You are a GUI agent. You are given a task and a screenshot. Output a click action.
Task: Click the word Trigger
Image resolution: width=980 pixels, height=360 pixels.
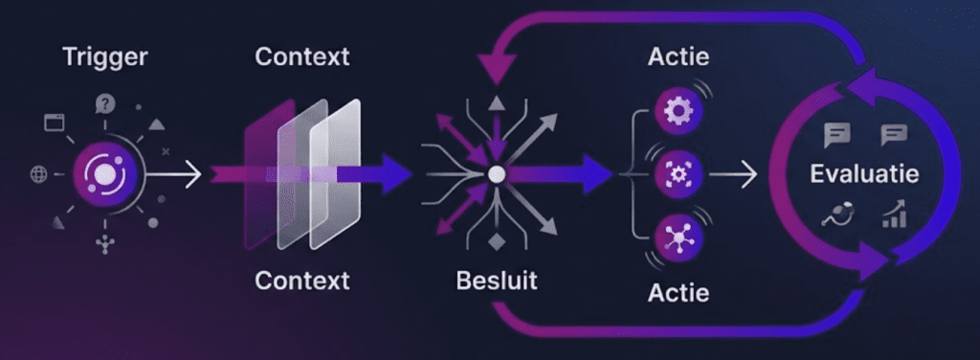tap(105, 56)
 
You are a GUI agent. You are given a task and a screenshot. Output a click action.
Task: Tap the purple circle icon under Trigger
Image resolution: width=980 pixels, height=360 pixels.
tap(100, 173)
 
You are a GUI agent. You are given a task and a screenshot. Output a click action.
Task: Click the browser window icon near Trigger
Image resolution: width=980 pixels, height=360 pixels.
tap(54, 123)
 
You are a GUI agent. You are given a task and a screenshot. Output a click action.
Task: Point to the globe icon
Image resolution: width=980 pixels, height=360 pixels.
tap(39, 174)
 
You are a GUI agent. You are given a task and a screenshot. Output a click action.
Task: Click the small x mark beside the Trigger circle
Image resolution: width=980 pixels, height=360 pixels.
tap(166, 151)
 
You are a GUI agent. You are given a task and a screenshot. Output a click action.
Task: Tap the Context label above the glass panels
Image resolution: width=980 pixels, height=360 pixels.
tap(302, 56)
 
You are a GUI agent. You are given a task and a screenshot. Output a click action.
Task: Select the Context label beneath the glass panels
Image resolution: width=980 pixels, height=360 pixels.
tap(302, 281)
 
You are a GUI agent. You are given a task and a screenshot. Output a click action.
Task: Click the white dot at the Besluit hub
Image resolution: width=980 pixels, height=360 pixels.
tap(495, 174)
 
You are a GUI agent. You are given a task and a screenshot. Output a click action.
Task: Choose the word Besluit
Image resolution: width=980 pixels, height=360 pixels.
tap(497, 281)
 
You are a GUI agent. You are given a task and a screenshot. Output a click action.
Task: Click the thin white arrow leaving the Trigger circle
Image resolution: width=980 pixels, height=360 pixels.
tap(177, 174)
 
